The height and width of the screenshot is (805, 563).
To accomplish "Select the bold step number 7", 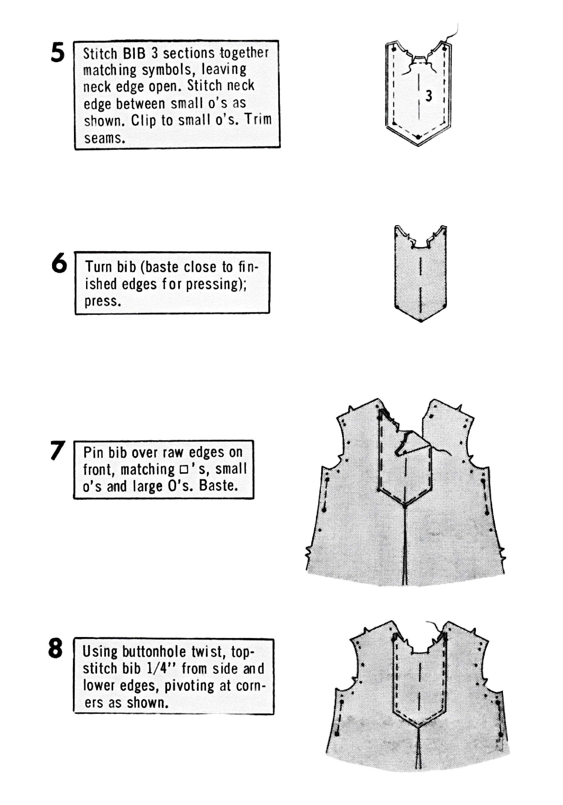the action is (x=57, y=451).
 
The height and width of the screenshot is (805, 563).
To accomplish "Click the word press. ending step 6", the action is (x=103, y=301).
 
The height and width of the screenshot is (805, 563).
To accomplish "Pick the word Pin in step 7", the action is (x=94, y=452).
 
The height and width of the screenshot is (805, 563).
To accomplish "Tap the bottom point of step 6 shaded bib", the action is (x=420, y=321).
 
